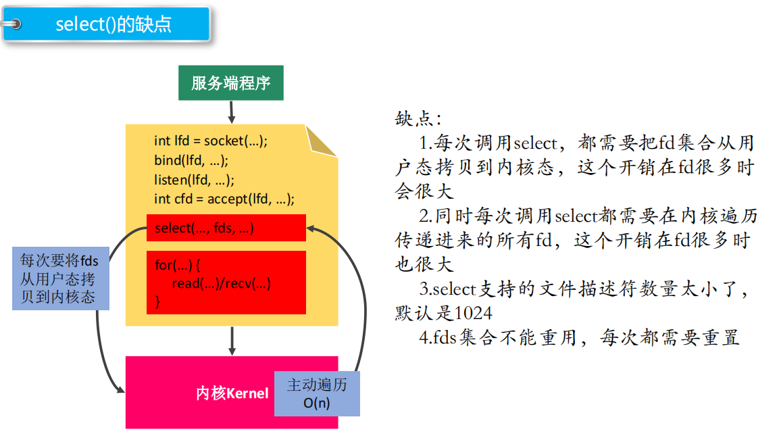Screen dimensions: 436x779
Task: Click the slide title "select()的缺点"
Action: tap(113, 24)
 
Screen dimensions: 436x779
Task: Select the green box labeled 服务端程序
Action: tap(230, 83)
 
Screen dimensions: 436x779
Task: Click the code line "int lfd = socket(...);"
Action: tap(211, 141)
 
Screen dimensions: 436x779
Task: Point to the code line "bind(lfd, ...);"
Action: tap(191, 160)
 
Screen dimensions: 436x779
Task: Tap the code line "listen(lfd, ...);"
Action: tap(194, 180)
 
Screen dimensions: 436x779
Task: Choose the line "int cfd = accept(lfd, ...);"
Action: tap(224, 199)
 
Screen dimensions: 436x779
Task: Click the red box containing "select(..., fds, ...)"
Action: tap(226, 228)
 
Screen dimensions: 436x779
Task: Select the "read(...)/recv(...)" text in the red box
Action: tap(221, 284)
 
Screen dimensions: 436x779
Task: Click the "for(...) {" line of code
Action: tap(178, 266)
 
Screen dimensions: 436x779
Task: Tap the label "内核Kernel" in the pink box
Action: tap(232, 393)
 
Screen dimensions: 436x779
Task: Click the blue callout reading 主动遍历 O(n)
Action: tap(316, 393)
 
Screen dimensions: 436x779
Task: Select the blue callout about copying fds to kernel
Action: tap(60, 278)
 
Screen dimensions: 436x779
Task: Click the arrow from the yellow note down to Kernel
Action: tap(232, 341)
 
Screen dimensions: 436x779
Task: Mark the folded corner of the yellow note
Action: tap(324, 139)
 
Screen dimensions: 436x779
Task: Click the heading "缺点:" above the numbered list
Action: tap(418, 120)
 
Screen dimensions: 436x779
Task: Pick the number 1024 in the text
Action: tap(473, 314)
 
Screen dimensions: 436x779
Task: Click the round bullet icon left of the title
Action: tap(15, 24)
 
